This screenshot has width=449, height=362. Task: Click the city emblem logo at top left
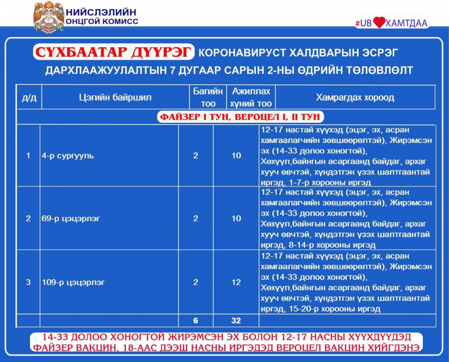48,17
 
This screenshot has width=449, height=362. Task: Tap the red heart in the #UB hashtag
379,22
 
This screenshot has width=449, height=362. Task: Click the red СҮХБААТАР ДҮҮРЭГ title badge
114,52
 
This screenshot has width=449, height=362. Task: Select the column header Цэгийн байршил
115,97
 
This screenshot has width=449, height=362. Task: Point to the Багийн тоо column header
208,97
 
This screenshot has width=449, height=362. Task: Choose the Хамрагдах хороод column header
355,97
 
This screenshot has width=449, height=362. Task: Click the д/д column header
29,98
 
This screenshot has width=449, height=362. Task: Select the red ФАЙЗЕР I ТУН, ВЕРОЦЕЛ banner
240,117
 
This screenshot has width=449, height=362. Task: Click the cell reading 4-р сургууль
68,156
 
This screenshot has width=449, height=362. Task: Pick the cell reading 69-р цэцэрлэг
71,219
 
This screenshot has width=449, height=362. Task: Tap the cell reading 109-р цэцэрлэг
73,283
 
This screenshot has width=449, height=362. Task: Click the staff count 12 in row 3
236,283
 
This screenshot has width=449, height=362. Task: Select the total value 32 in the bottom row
236,321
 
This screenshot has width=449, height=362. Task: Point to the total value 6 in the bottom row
195,321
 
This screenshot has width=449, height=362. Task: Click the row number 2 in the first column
28,219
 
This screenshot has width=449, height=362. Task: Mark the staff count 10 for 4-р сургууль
236,156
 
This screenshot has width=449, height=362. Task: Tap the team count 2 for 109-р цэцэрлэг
195,283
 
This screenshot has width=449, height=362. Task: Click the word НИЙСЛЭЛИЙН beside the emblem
101,12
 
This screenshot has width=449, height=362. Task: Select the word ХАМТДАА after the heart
407,23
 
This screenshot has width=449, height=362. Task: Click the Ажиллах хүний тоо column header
251,97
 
